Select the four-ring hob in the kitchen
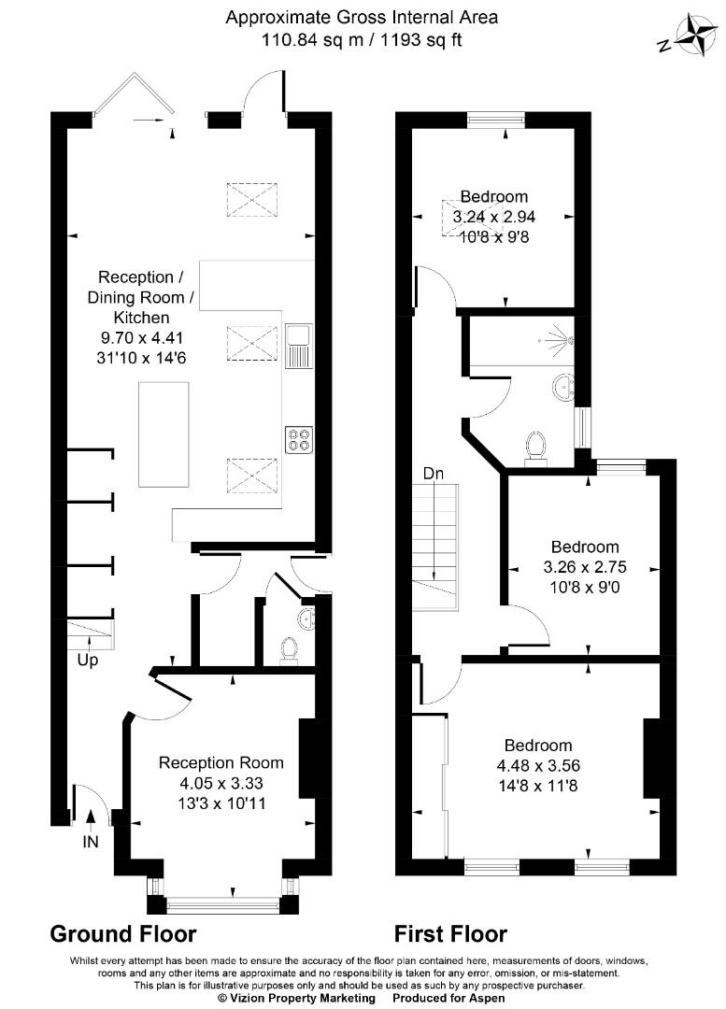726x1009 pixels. [x=299, y=438]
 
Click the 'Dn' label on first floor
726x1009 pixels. [x=433, y=474]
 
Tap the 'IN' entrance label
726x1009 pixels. [x=91, y=842]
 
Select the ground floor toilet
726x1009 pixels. [x=289, y=648]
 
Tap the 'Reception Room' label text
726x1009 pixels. [x=221, y=763]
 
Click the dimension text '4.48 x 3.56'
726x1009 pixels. [x=538, y=765]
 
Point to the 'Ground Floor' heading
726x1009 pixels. [x=122, y=933]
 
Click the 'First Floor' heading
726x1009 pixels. [x=450, y=933]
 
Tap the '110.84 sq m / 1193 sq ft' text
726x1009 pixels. [x=363, y=39]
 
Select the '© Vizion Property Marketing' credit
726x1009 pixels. [x=296, y=998]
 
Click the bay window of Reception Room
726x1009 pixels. [x=222, y=902]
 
